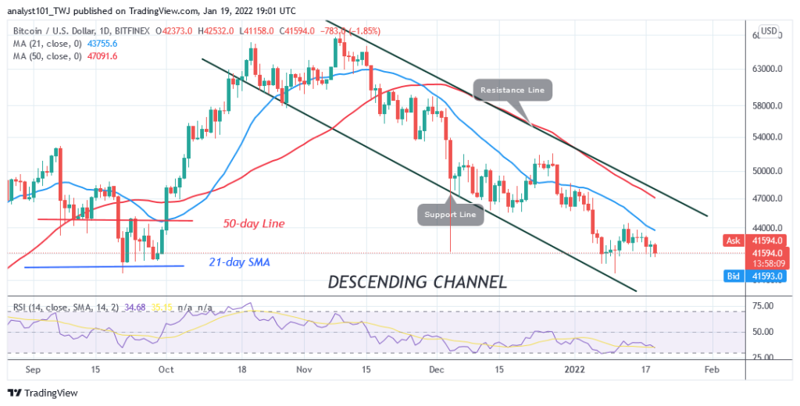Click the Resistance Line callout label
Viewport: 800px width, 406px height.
tap(513, 91)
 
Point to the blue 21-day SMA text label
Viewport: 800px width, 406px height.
tap(238, 262)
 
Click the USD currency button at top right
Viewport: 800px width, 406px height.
tap(769, 31)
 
